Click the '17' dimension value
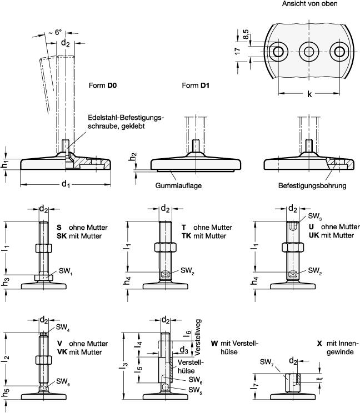click(x=238, y=51)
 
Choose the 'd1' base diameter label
click(x=66, y=183)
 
